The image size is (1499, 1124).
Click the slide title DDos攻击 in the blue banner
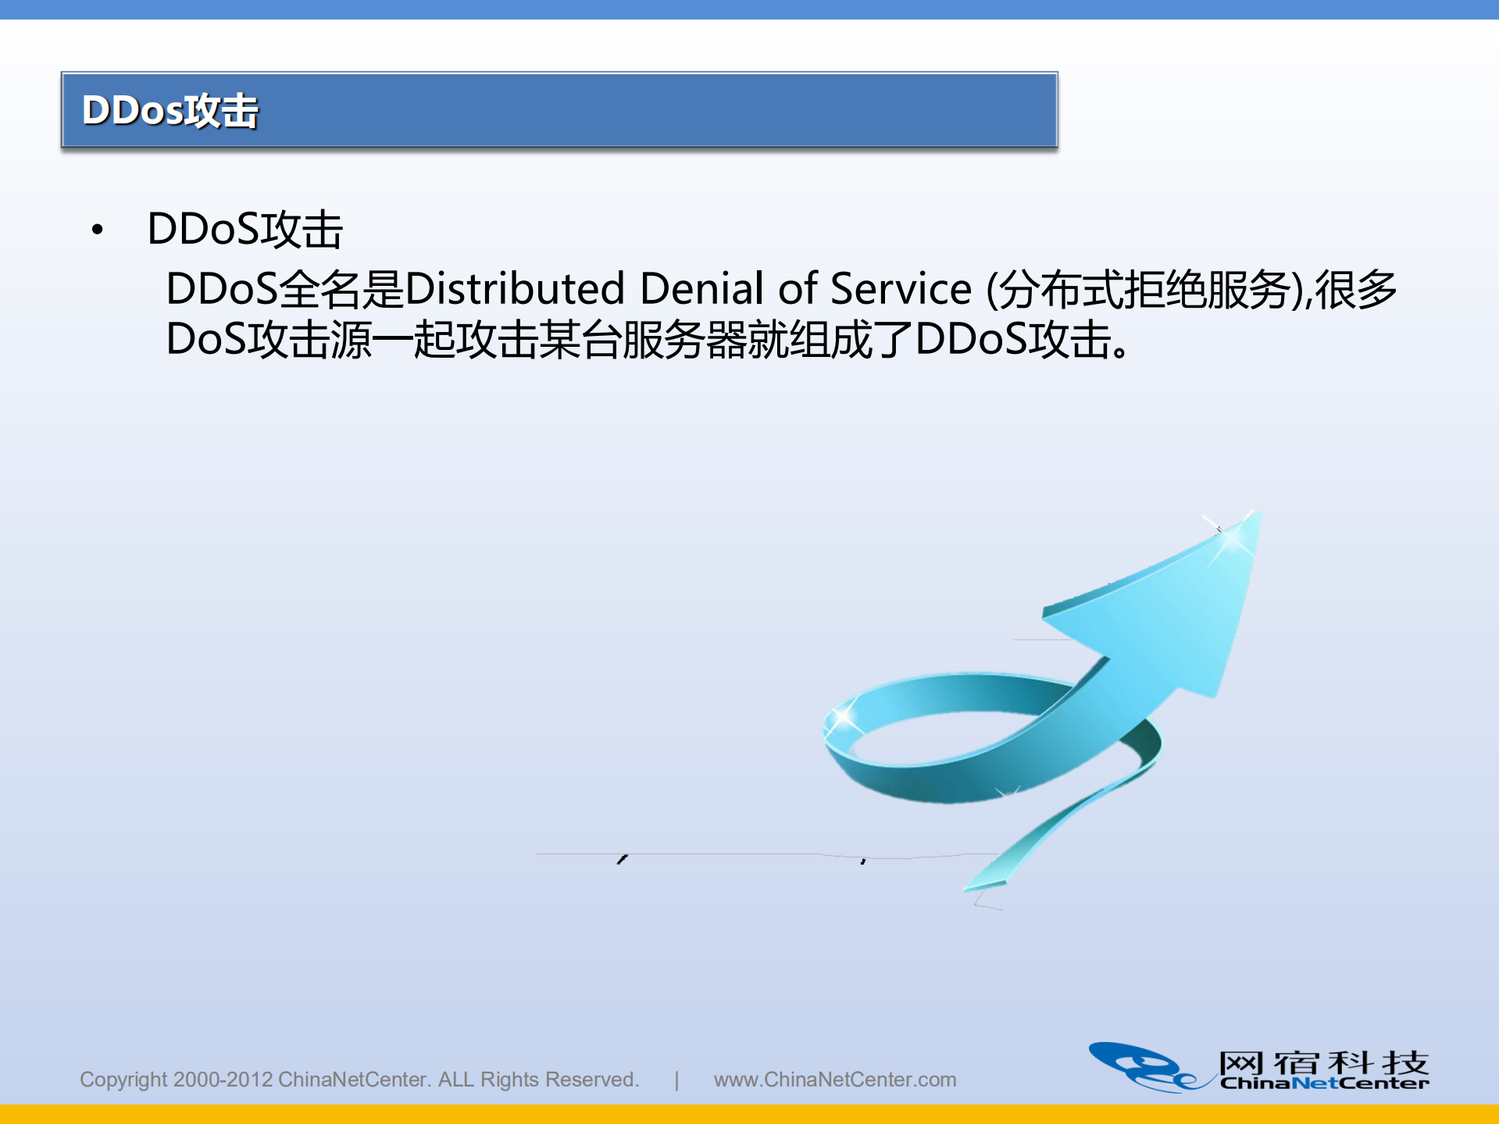click(170, 110)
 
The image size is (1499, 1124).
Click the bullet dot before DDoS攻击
click(98, 230)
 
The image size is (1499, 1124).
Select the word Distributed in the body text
click(515, 289)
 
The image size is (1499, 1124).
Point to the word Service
click(900, 289)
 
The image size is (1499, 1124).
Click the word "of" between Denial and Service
click(797, 289)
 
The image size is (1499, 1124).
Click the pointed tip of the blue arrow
click(1253, 516)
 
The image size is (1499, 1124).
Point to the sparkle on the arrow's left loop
click(843, 717)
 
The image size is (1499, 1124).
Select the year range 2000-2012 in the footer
click(223, 1079)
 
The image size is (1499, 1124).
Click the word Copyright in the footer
click(123, 1079)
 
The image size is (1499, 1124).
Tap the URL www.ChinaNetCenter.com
click(834, 1079)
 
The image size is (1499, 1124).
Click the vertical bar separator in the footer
click(676, 1079)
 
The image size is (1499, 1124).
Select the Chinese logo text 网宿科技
click(1324, 1062)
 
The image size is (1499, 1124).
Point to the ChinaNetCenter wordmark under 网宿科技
click(1324, 1083)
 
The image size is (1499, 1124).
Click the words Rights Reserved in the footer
click(559, 1079)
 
